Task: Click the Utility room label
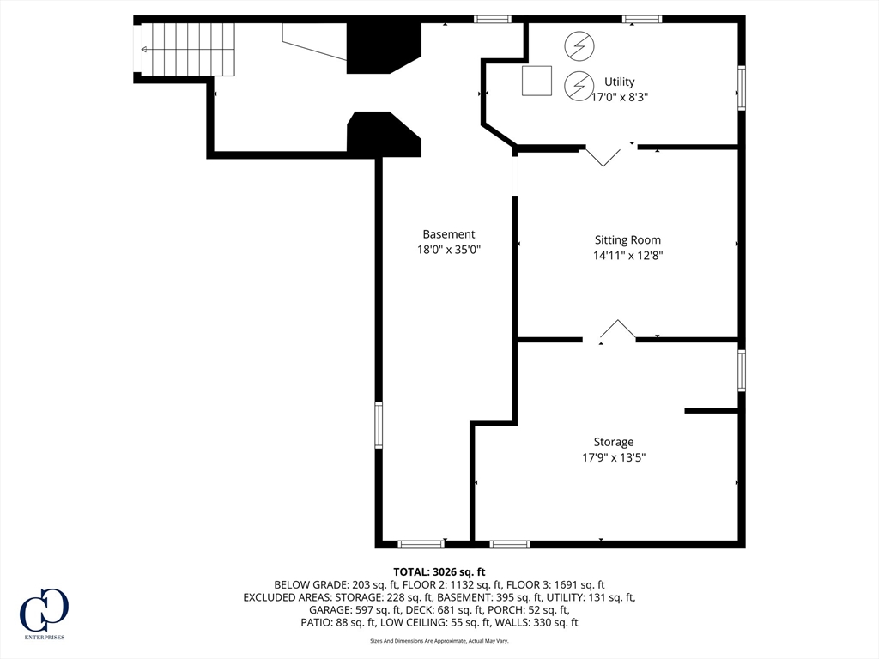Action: [x=620, y=82]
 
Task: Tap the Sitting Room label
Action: [x=627, y=240]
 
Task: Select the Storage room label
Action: [x=614, y=442]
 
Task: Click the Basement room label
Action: [x=449, y=234]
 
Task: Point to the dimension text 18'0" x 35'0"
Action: [x=449, y=250]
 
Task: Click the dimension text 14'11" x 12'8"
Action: [x=627, y=256]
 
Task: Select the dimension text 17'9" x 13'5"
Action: [x=614, y=457]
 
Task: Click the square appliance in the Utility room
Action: [x=537, y=81]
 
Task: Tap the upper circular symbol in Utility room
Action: [x=579, y=46]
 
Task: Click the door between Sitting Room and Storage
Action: [x=618, y=330]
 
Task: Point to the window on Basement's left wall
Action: [x=379, y=426]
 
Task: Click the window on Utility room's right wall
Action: [x=742, y=88]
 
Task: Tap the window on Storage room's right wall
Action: [x=742, y=370]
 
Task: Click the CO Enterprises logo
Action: [x=45, y=614]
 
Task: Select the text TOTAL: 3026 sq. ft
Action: [x=439, y=572]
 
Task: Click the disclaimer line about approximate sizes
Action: [x=439, y=640]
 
